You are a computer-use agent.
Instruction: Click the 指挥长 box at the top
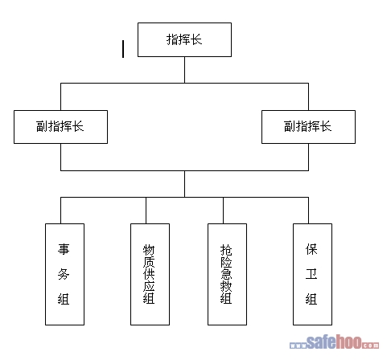[x=184, y=39]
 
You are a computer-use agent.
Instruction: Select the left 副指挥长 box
[x=60, y=127]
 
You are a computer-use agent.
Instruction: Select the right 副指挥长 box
[x=308, y=127]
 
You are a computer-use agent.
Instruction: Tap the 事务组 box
[x=64, y=274]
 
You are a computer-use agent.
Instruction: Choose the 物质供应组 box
[x=150, y=274]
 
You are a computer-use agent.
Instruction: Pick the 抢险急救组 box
[x=227, y=274]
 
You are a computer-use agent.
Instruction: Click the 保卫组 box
[x=312, y=274]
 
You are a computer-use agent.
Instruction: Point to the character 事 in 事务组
[x=64, y=249]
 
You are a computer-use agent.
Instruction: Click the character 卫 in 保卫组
[x=311, y=274]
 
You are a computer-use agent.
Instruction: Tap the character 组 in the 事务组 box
[x=64, y=299]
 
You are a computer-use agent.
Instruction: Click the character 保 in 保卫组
[x=311, y=249]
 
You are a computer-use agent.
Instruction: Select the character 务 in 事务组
[x=64, y=274]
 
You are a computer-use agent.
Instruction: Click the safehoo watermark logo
[x=334, y=342]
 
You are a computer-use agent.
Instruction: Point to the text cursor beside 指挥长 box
[x=123, y=49]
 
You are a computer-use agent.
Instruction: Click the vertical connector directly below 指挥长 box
[x=184, y=70]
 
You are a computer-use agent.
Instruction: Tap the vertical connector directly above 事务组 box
[x=61, y=211]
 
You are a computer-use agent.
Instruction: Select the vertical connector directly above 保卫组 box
[x=308, y=211]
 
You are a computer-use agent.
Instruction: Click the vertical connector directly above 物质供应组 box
[x=146, y=211]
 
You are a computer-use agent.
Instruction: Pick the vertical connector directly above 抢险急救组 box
[x=223, y=211]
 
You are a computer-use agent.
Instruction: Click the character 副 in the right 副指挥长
[x=290, y=126]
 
